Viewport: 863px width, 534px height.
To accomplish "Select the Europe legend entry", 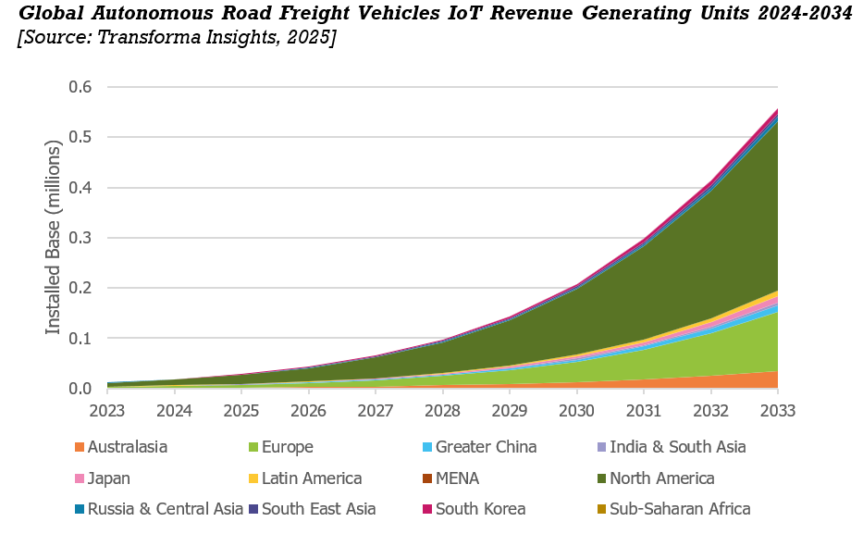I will tap(287, 448).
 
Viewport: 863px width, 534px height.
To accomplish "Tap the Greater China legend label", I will tap(486, 448).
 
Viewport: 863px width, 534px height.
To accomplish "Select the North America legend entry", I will tap(661, 478).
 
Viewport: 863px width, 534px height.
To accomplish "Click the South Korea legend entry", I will tap(480, 509).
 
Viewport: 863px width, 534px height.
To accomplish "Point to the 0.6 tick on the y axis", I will tap(81, 87).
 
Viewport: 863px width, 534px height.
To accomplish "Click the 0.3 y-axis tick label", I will tap(81, 238).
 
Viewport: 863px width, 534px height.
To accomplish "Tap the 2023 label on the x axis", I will tap(107, 409).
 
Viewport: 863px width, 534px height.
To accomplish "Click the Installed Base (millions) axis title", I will tap(54, 238).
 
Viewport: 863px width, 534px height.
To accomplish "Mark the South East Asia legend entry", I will tap(319, 509).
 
